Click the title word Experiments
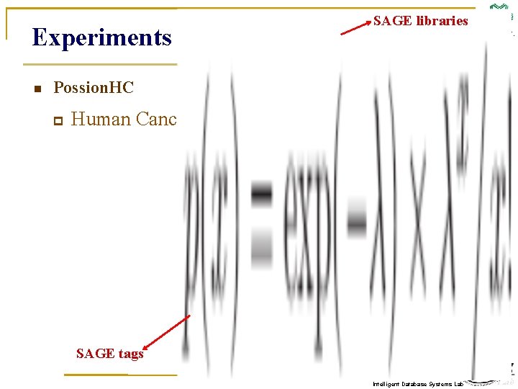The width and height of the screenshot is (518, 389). point(101,37)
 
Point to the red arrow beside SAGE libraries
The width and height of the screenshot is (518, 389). point(355,27)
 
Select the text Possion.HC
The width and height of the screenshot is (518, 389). point(94,88)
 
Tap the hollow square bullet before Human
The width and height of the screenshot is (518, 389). point(58,121)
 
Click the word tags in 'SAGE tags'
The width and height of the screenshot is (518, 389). point(131,353)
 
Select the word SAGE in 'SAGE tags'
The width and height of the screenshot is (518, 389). point(95,353)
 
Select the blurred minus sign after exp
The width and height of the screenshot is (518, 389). point(356,216)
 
